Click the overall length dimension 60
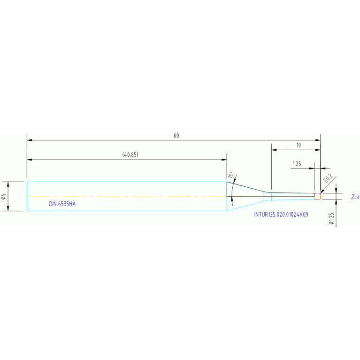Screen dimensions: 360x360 (x=176, y=136)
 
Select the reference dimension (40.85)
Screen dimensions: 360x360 (x=130, y=154)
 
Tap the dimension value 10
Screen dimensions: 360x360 (x=299, y=145)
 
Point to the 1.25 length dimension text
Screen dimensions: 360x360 (x=297, y=164)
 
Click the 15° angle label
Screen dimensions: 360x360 (x=231, y=175)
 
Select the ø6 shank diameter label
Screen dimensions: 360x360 (x=3, y=196)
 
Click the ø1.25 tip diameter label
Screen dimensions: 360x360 (x=331, y=219)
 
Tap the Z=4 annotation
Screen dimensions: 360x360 (x=355, y=197)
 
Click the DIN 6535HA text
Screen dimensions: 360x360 (x=62, y=204)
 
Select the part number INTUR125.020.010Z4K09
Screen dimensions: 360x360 (x=281, y=214)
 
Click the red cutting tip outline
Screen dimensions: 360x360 (x=317, y=196)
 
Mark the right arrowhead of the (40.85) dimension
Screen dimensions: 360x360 (x=224, y=160)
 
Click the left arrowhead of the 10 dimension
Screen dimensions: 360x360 (x=274, y=150)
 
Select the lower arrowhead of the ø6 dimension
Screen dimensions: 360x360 (x=8, y=208)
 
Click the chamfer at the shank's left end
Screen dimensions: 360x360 (x=27, y=196)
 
